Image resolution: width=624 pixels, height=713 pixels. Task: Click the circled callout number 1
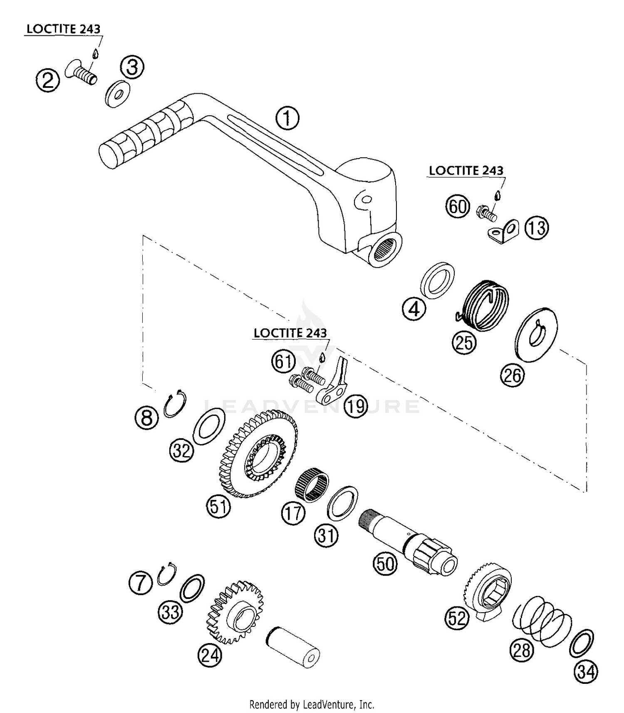click(x=287, y=118)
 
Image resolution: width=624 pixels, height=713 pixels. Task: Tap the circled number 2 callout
click(x=48, y=80)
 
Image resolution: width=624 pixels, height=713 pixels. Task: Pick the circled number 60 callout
click(x=458, y=206)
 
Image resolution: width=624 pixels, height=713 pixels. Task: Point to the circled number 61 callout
click(x=284, y=361)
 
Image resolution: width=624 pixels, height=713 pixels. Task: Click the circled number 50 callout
click(x=385, y=564)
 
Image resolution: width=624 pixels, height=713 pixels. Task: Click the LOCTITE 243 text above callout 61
click(x=290, y=333)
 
